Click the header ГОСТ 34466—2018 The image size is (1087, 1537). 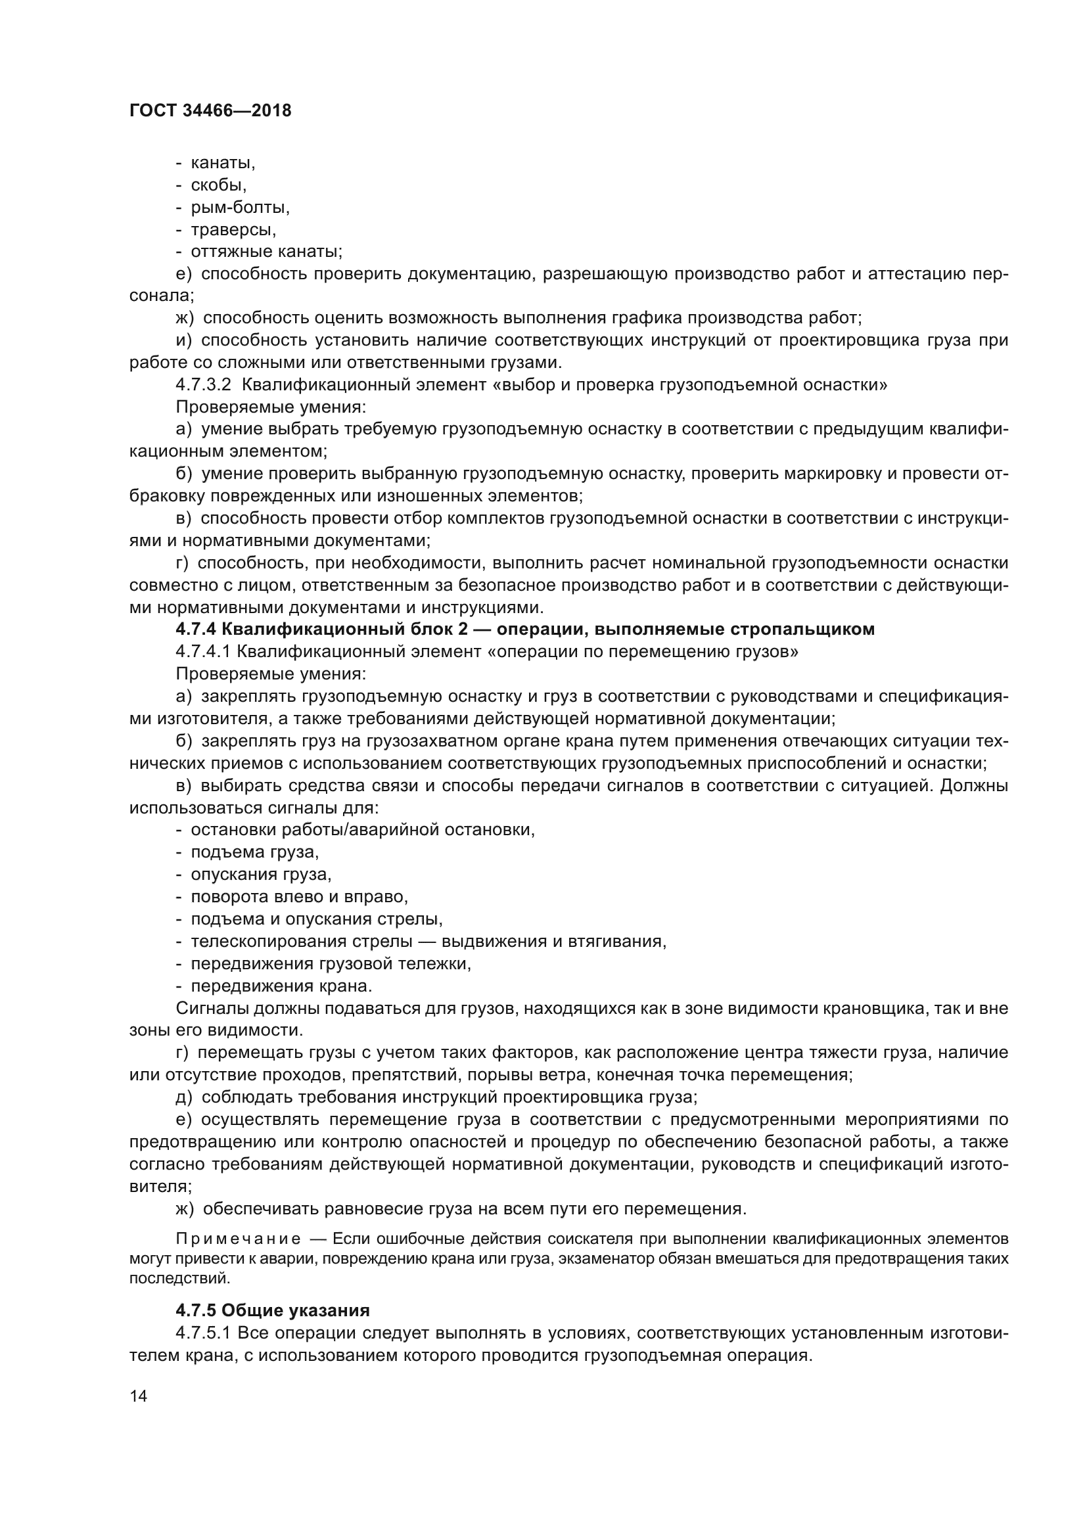(210, 111)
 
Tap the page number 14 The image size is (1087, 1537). (138, 1396)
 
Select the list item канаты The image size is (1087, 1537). (223, 163)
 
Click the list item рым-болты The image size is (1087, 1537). (240, 208)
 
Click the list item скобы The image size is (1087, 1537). (218, 185)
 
